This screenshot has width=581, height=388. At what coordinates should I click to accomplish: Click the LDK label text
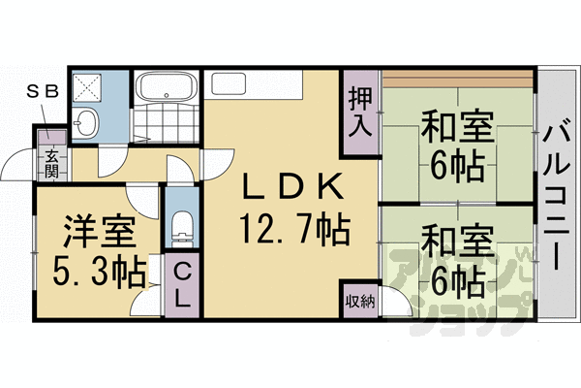click(x=289, y=185)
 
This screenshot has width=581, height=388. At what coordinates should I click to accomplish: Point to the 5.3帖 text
click(x=93, y=270)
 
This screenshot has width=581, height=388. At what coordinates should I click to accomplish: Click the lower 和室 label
click(x=456, y=238)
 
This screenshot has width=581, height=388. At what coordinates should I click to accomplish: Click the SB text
click(x=41, y=92)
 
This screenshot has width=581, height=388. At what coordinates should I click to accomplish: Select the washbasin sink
click(x=85, y=123)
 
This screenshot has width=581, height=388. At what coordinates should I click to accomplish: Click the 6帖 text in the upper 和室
click(x=456, y=168)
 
